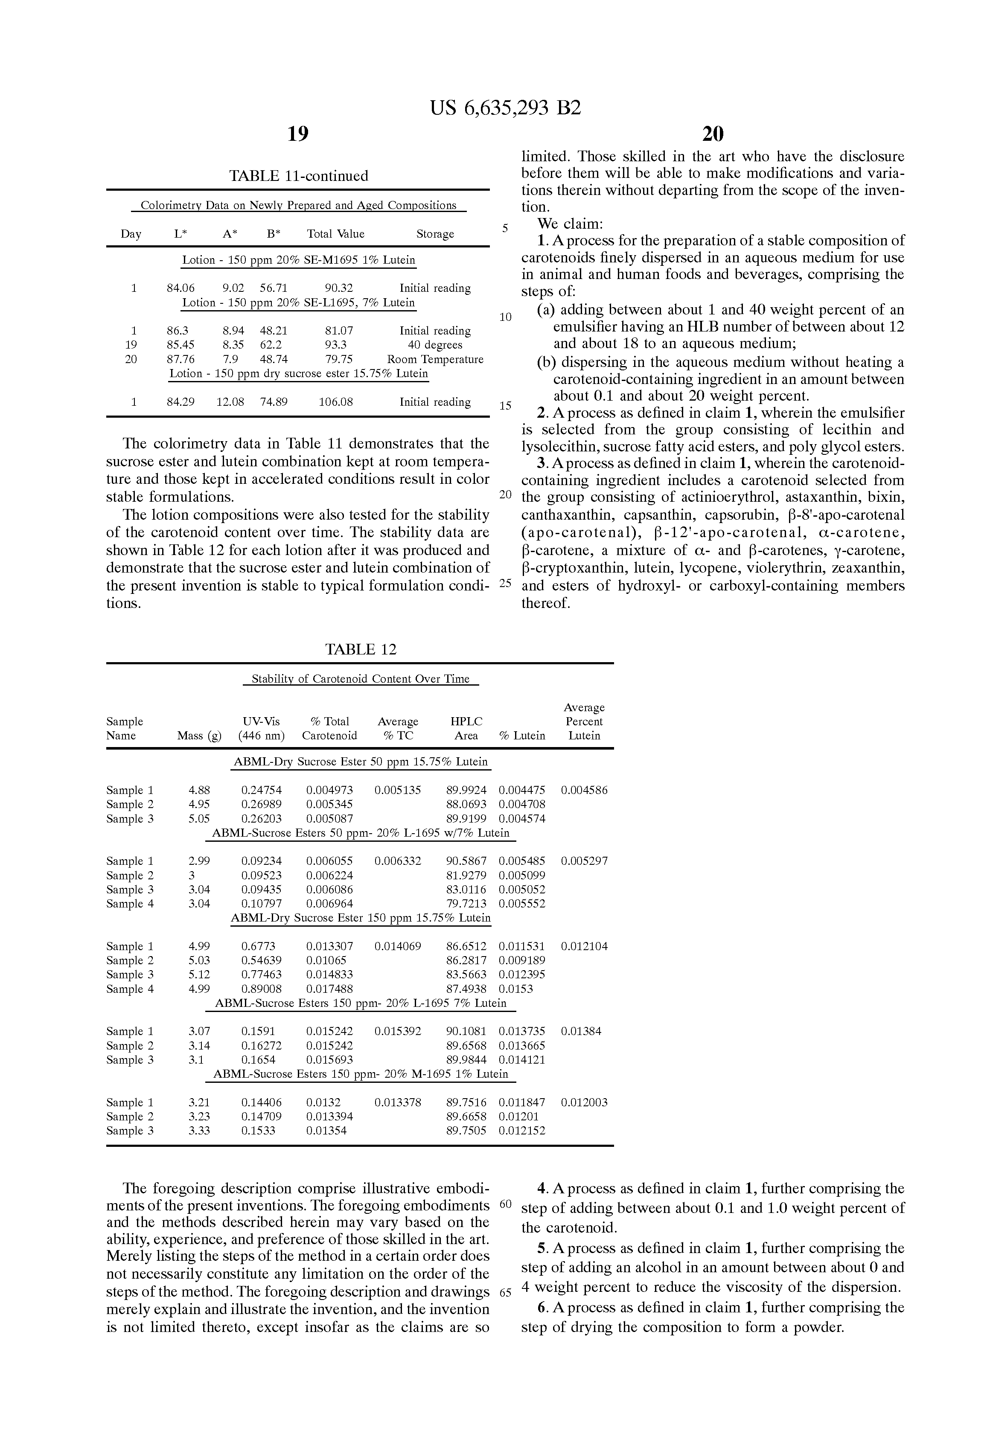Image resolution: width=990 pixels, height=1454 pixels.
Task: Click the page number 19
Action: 298,133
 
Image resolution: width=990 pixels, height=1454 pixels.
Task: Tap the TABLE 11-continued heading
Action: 299,176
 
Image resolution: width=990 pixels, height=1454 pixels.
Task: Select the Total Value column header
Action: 335,234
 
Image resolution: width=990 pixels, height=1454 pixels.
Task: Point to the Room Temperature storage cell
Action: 435,360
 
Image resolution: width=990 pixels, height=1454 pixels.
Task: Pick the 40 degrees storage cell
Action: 435,345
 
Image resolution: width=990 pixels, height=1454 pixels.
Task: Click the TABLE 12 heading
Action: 361,649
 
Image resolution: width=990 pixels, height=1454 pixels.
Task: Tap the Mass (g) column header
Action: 199,736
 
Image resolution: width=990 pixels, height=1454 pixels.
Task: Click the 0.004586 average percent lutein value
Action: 584,790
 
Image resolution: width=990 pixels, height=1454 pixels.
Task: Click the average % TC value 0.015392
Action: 398,1031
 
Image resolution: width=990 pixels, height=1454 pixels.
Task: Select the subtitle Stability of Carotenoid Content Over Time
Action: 361,679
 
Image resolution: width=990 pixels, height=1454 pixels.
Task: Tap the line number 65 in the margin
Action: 506,1293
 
